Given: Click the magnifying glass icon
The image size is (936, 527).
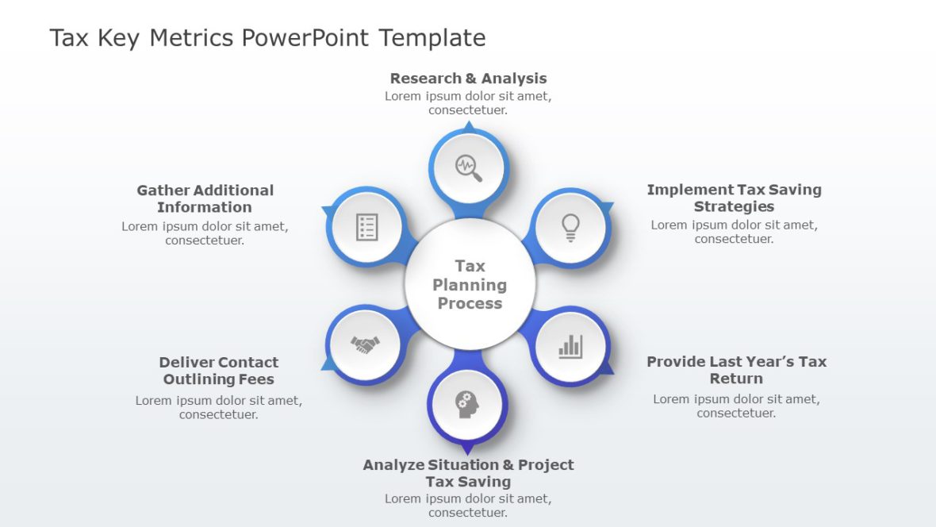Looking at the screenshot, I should (468, 167).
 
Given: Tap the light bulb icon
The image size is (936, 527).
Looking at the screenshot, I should (570, 227).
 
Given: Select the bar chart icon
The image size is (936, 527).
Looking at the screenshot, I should (570, 346).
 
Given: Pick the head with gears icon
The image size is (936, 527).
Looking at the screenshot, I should (467, 404).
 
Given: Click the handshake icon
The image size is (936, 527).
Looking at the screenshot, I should (365, 344).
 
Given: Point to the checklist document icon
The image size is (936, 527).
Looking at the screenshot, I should (366, 227).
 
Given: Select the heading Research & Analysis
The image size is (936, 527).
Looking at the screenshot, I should (468, 79).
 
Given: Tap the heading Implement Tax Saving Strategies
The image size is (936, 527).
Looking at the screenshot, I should (734, 198).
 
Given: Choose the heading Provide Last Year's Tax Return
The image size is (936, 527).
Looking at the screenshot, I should (736, 370).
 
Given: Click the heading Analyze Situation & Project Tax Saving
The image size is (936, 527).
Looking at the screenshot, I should (468, 473).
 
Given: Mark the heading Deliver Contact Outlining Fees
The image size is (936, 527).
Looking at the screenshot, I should (219, 371).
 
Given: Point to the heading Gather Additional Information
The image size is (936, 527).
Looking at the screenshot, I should (205, 198).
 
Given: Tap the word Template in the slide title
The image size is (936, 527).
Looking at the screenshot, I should (432, 38).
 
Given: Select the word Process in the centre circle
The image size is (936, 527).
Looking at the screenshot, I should (470, 303).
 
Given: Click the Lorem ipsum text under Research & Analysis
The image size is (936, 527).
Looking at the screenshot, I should (468, 103).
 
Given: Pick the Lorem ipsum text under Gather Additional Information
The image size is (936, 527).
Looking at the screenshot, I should (205, 233).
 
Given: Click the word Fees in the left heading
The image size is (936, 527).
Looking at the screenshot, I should (254, 379).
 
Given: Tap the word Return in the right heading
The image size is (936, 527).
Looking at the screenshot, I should (736, 379).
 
